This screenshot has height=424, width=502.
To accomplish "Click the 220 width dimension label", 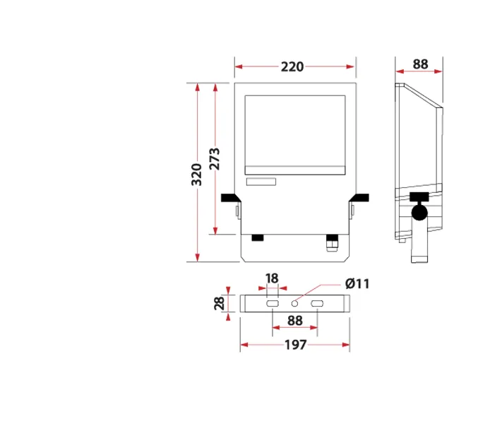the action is point(292,66).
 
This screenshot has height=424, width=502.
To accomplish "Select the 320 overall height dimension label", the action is point(197,175).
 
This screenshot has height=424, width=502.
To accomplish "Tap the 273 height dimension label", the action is point(215,158).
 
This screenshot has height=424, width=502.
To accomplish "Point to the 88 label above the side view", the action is point(420,64).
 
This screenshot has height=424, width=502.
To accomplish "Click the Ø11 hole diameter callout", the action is point(357,283).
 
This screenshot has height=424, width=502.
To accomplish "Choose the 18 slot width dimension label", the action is point(272,278).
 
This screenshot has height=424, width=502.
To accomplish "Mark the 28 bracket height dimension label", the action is point(220,303).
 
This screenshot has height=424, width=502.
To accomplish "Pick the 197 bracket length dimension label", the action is point(296,345).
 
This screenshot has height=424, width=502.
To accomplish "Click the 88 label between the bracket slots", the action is point(295,321).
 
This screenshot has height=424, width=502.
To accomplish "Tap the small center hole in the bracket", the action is point(294,303).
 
